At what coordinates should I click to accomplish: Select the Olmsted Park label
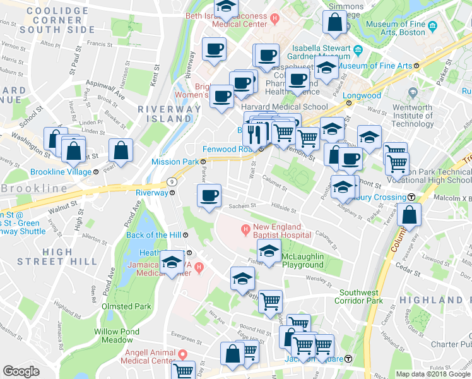click(x=126, y=306)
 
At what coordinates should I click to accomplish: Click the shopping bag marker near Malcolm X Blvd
click(x=410, y=215)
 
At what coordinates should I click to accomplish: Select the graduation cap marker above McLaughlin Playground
click(x=269, y=251)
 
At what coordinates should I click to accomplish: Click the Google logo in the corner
click(x=21, y=371)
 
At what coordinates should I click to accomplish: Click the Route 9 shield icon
click(x=172, y=181)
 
